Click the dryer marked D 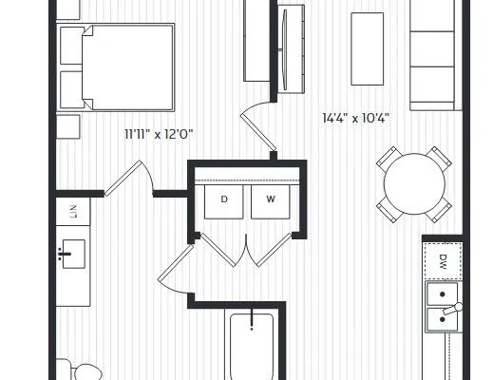[224, 201]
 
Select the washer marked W [270, 201]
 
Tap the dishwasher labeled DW [443, 261]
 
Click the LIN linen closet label [73, 212]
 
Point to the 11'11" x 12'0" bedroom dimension [159, 134]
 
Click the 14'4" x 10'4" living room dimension [355, 118]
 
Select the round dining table [414, 184]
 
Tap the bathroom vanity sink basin [73, 254]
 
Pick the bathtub [252, 347]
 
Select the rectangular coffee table [368, 48]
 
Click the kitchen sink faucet [453, 309]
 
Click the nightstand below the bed [67, 126]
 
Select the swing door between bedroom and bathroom [129, 179]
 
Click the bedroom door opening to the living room [258, 126]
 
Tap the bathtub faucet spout [252, 320]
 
